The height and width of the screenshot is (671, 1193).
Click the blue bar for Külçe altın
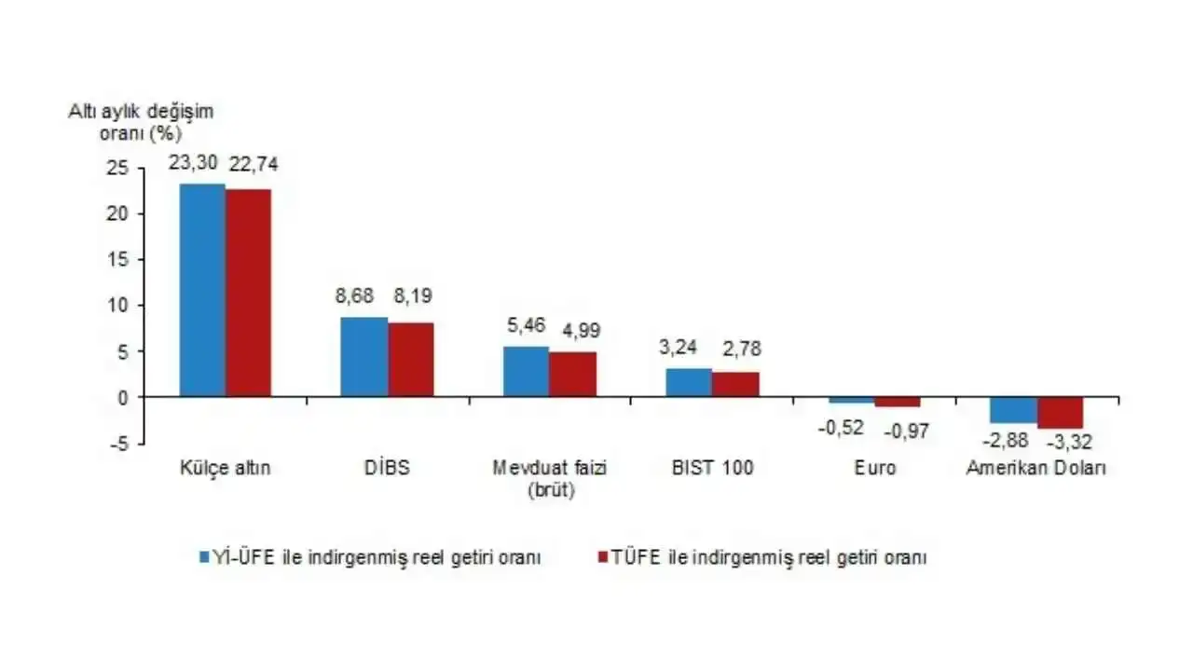pyautogui.click(x=202, y=290)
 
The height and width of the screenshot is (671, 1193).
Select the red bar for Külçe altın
pyautogui.click(x=248, y=293)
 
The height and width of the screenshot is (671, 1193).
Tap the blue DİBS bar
pyautogui.click(x=364, y=357)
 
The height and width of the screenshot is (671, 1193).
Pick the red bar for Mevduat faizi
pyautogui.click(x=573, y=375)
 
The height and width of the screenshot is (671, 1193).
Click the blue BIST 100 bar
pyautogui.click(x=689, y=382)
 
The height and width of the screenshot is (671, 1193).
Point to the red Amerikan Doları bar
pyautogui.click(x=1061, y=413)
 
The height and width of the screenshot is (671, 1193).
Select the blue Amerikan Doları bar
pyautogui.click(x=1014, y=410)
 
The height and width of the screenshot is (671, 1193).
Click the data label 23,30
pyautogui.click(x=193, y=163)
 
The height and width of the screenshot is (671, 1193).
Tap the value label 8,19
pyautogui.click(x=413, y=295)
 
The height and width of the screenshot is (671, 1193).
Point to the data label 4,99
pyautogui.click(x=582, y=331)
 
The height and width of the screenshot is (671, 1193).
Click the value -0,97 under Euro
pyautogui.click(x=907, y=431)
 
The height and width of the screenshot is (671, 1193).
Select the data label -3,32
pyautogui.click(x=1069, y=442)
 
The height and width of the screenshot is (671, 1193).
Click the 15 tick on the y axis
pyautogui.click(x=117, y=260)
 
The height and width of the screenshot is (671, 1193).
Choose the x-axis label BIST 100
pyautogui.click(x=713, y=468)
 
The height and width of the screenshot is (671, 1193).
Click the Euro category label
pyautogui.click(x=875, y=468)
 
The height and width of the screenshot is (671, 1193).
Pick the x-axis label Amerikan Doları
pyautogui.click(x=1036, y=468)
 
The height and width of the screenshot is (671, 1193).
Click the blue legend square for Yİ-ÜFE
pyautogui.click(x=204, y=557)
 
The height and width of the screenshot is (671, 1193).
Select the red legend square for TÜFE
pyautogui.click(x=603, y=557)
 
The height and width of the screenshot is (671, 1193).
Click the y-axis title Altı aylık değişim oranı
pyautogui.click(x=141, y=122)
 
